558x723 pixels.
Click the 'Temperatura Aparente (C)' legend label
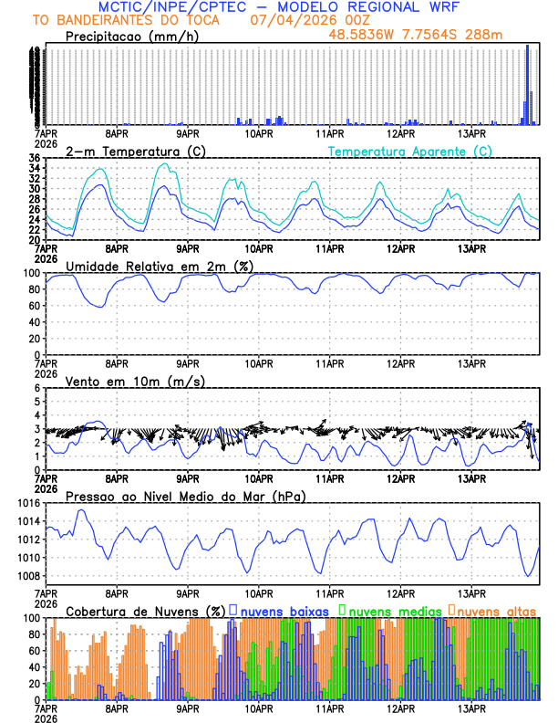point(410,151)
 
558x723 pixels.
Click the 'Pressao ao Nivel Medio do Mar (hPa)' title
point(185,496)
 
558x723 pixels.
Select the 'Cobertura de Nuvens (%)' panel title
point(146,610)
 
